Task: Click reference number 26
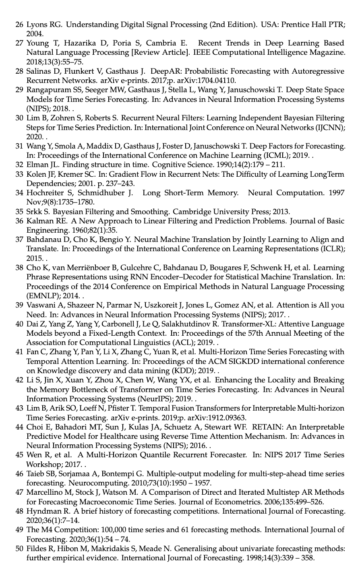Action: coord(19,25)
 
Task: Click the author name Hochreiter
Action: coord(44,193)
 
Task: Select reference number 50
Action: coord(19,549)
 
